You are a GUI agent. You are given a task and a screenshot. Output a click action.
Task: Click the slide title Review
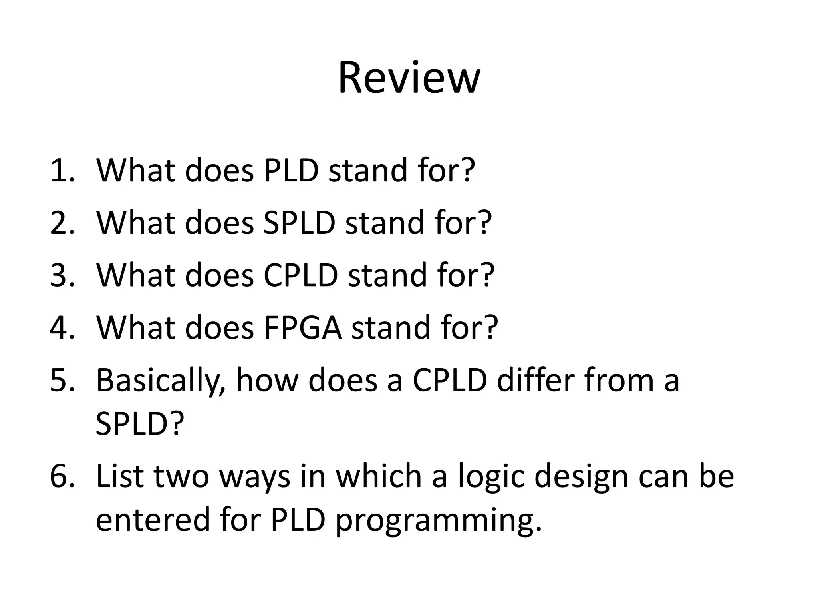coord(409,78)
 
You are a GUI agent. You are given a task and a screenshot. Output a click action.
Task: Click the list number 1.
coord(62,171)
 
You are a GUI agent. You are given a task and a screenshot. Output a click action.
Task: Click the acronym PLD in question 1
coord(291,171)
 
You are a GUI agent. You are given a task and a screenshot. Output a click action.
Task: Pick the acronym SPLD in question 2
coord(299,223)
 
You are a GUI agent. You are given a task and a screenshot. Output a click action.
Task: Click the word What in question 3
coord(135,275)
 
